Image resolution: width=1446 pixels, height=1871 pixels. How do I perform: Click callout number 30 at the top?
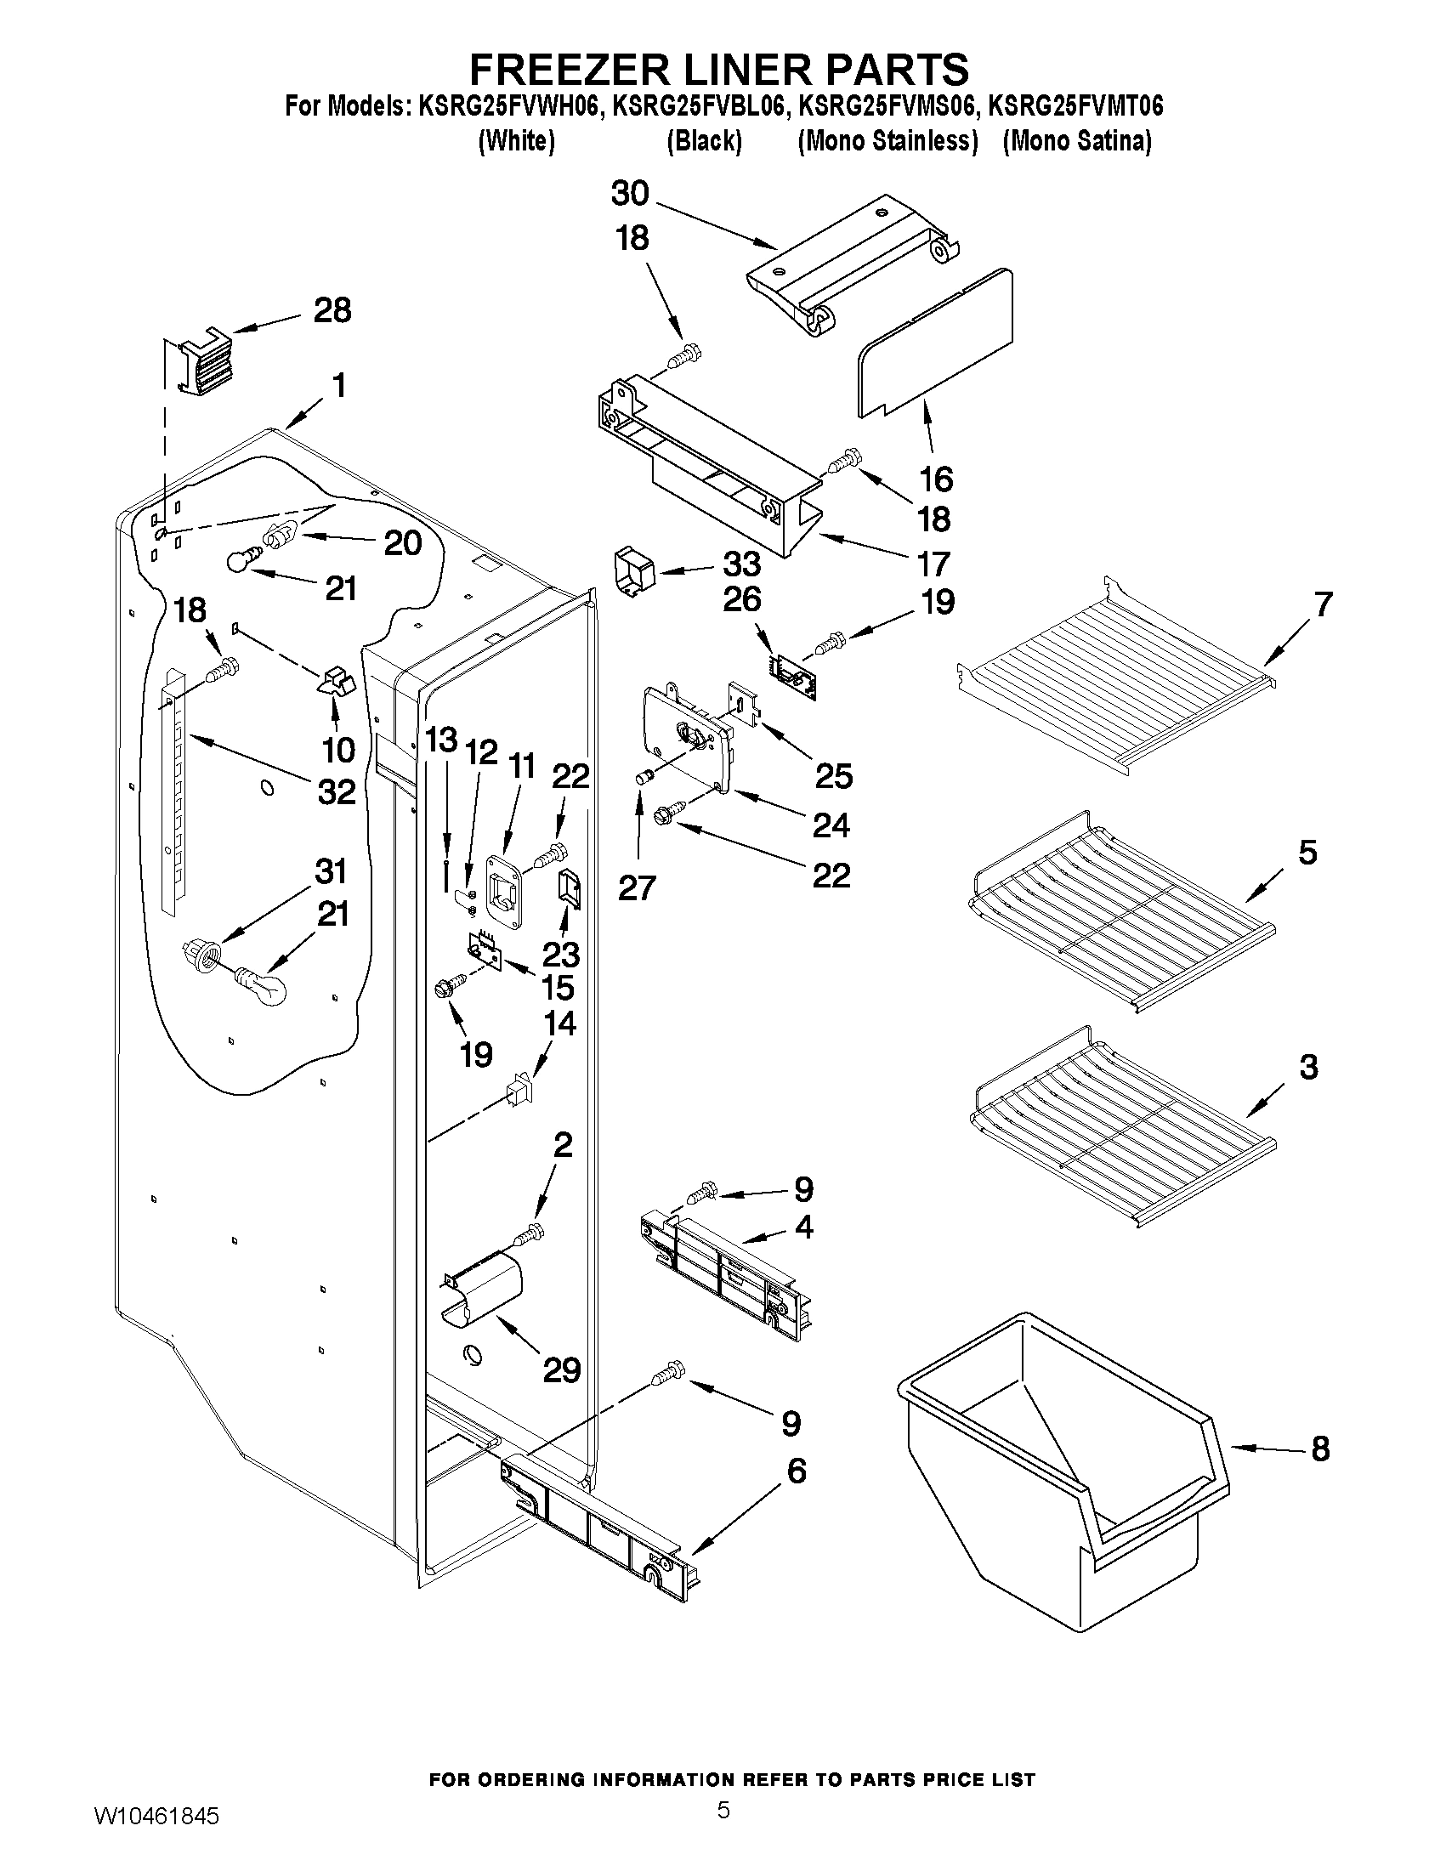pos(630,194)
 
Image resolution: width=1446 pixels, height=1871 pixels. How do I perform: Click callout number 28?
pos(332,310)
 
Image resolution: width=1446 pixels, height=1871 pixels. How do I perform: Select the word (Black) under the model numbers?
pos(703,140)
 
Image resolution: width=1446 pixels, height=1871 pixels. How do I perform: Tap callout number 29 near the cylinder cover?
pos(562,1369)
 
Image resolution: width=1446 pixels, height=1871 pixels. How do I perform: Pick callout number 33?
pos(742,564)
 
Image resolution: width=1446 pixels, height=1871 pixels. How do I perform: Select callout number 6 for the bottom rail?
pos(796,1471)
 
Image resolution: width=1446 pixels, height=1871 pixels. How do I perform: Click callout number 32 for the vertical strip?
pos(337,791)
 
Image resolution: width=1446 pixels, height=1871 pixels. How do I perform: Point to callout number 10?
pos(338,750)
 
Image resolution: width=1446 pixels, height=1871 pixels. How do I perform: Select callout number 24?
pos(831,824)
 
